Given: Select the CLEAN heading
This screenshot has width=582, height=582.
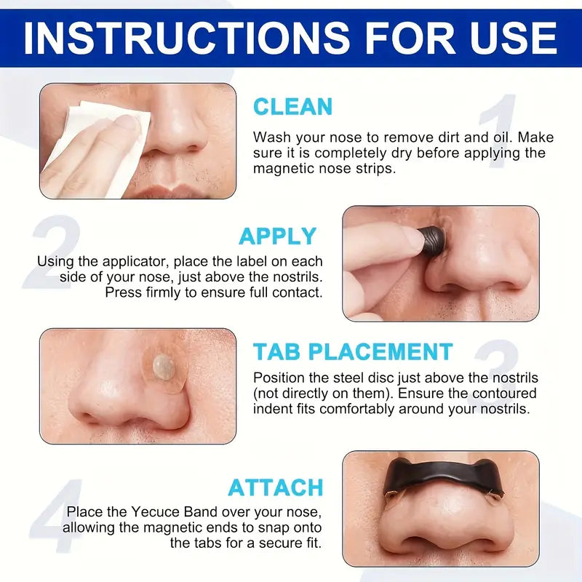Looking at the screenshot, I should [292, 107].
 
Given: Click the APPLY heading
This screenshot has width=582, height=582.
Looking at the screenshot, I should [278, 236].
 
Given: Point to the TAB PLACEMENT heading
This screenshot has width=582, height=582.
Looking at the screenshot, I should [353, 352].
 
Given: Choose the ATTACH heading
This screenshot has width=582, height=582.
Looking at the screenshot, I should [276, 487].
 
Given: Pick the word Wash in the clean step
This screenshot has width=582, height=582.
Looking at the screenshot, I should [269, 137].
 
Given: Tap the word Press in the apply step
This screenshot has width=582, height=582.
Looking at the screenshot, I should [121, 292].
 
